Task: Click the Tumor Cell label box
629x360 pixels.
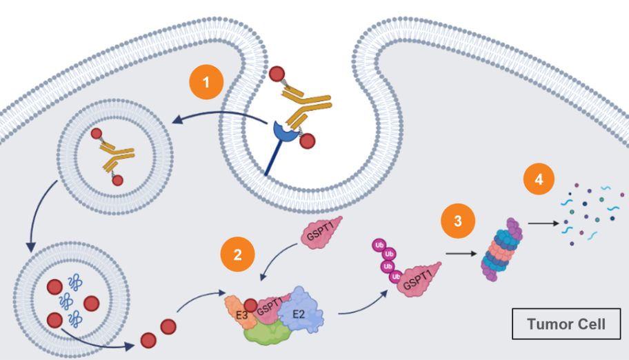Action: coord(566,323)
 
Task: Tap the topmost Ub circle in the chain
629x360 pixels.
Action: coord(378,244)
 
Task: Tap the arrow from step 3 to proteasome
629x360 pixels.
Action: coord(460,254)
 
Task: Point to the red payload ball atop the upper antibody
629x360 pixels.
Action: coord(277,73)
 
